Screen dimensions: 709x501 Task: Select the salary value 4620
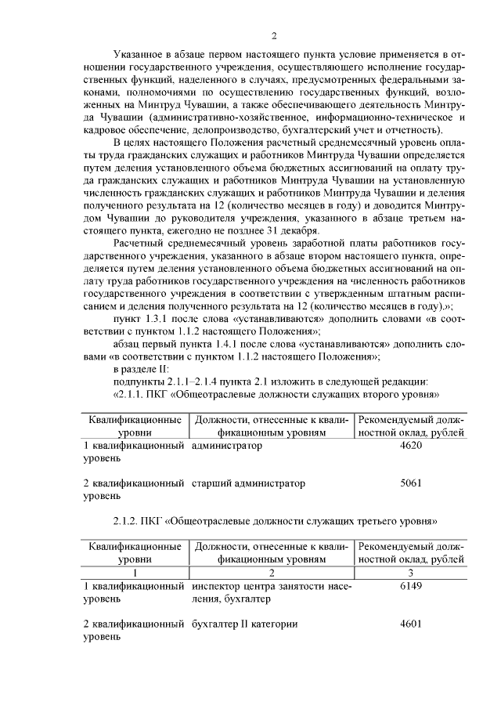(411, 445)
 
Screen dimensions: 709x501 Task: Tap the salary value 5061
(411, 483)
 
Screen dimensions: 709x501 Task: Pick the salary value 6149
(411, 586)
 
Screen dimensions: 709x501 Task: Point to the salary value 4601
(411, 624)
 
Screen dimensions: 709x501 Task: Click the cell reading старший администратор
(248, 483)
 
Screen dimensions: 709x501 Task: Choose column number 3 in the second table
(411, 573)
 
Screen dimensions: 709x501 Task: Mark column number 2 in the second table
(272, 573)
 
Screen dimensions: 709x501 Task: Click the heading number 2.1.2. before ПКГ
(130, 520)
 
